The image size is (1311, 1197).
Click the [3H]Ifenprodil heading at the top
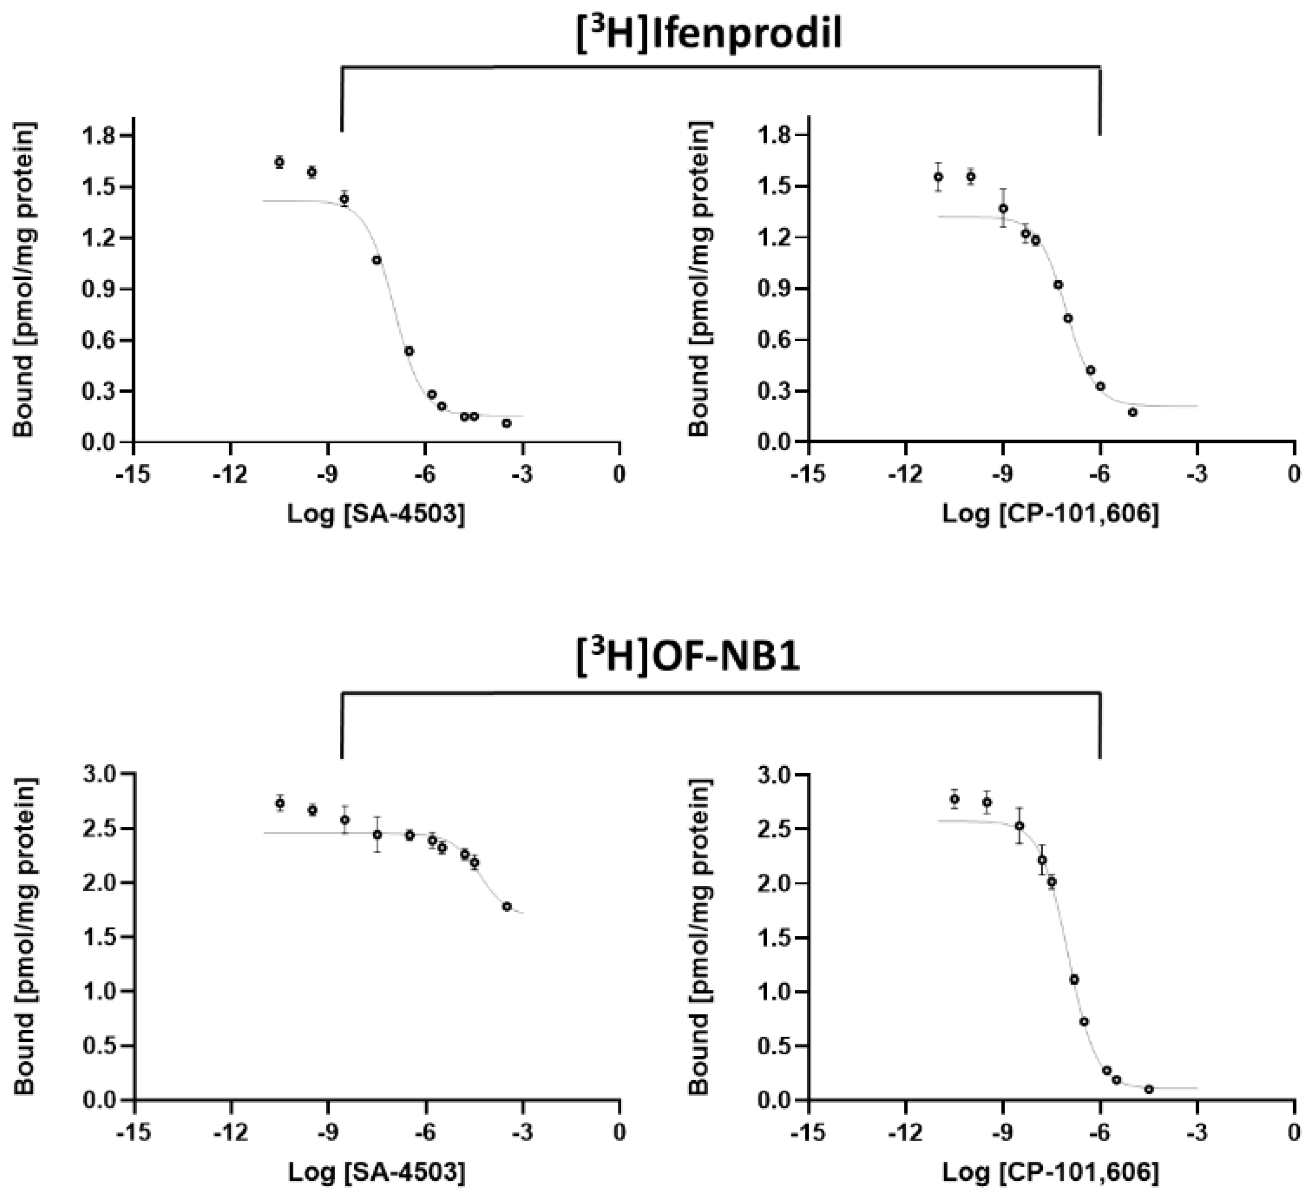pyautogui.click(x=709, y=34)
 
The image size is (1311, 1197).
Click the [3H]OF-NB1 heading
pyautogui.click(x=688, y=658)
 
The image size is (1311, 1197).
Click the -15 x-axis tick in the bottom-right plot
pyautogui.click(x=808, y=1133)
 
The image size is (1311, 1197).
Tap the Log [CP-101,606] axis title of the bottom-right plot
pyautogui.click(x=1051, y=1173)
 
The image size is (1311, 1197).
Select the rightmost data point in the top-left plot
pyautogui.click(x=507, y=423)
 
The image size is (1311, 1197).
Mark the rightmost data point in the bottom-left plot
pyautogui.click(x=507, y=906)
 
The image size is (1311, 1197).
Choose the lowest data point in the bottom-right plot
pyautogui.click(x=1149, y=1089)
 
